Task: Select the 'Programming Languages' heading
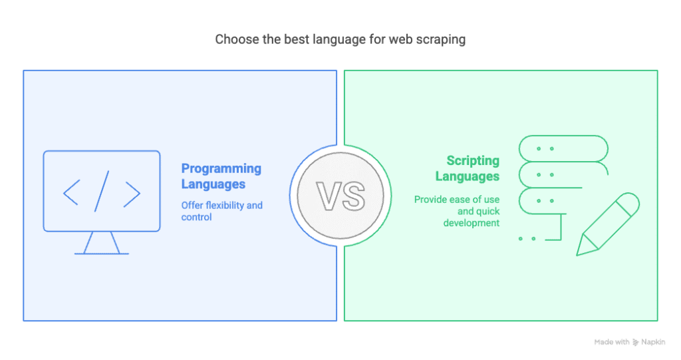[x=221, y=176]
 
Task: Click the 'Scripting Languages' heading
[x=468, y=168]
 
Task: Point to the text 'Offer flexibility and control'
[x=222, y=211]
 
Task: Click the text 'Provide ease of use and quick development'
[x=456, y=211]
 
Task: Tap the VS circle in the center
[x=340, y=196]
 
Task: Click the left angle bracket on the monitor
[x=71, y=192]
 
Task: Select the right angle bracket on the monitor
[x=132, y=194]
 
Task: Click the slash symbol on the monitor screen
[x=102, y=191]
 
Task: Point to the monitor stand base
[x=102, y=254]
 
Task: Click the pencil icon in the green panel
[x=608, y=224]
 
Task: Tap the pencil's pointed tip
[x=578, y=254]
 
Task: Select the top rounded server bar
[x=563, y=148]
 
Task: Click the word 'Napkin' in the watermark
[x=653, y=342]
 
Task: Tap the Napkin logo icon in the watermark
[x=635, y=342]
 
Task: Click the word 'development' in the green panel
[x=472, y=223]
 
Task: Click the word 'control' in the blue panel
[x=196, y=217]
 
